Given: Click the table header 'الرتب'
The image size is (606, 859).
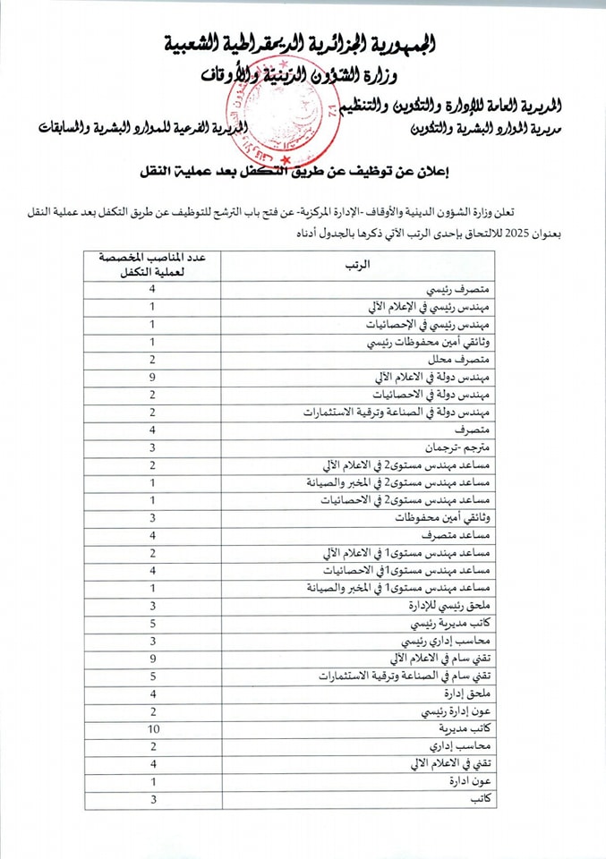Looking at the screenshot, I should point(356,266).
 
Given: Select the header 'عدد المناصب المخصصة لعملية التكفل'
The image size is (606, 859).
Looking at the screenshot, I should point(152,266).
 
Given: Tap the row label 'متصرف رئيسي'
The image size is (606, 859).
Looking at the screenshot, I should point(457,291).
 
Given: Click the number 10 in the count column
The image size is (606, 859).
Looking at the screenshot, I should point(152,728).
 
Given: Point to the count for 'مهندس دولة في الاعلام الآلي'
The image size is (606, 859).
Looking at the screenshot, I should point(152,378).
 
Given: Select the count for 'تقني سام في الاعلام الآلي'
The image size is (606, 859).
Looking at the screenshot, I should point(152,659).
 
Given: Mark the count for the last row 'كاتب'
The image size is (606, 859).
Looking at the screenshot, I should point(152,798).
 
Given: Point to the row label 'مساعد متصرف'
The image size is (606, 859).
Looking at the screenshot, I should point(455,536).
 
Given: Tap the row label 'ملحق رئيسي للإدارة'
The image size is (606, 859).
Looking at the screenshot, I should point(448,606).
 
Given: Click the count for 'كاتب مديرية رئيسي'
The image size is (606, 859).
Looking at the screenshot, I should point(152,624).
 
